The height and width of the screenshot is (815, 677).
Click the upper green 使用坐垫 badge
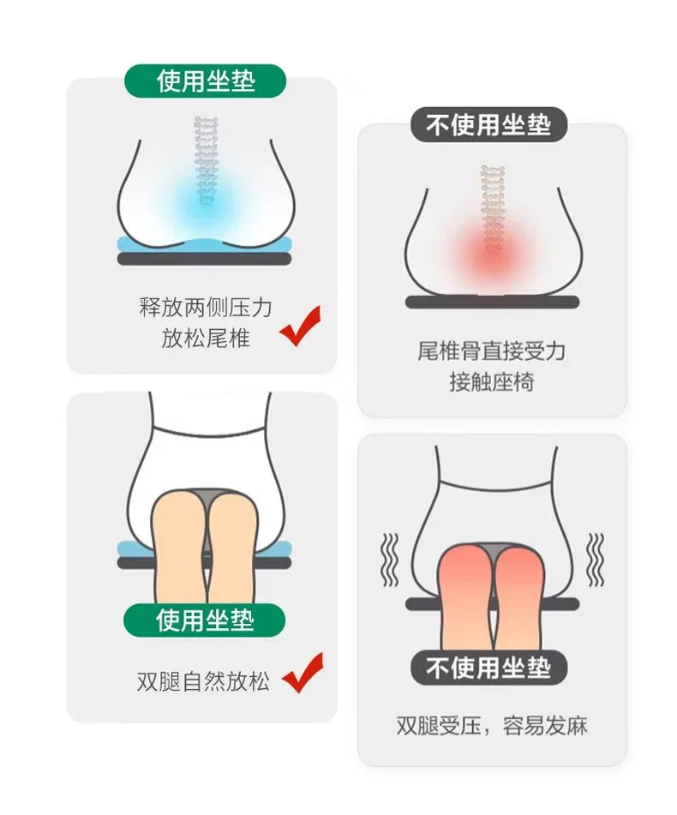(205, 81)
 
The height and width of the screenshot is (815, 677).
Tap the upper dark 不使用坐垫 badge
(488, 125)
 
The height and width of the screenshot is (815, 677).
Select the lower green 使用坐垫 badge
(204, 620)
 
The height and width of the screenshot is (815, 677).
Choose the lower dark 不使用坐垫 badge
(488, 668)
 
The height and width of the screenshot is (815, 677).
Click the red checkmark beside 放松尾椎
(300, 326)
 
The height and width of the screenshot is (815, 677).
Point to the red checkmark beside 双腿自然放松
(302, 673)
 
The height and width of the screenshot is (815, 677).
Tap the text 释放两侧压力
(206, 307)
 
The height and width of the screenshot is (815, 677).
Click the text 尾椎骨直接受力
(492, 351)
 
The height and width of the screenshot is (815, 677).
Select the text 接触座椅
(492, 382)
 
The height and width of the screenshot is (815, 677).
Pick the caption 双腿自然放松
(204, 681)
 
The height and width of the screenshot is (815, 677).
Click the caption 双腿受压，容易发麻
(492, 726)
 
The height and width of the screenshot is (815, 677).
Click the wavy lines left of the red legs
(390, 560)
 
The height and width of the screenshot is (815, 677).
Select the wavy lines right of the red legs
(595, 560)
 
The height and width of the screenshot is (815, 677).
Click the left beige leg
(180, 546)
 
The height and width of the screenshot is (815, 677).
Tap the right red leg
(519, 597)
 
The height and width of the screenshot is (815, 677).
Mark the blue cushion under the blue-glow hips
(205, 244)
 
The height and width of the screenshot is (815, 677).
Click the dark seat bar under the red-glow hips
(492, 302)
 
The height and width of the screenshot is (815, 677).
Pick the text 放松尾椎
(206, 339)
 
